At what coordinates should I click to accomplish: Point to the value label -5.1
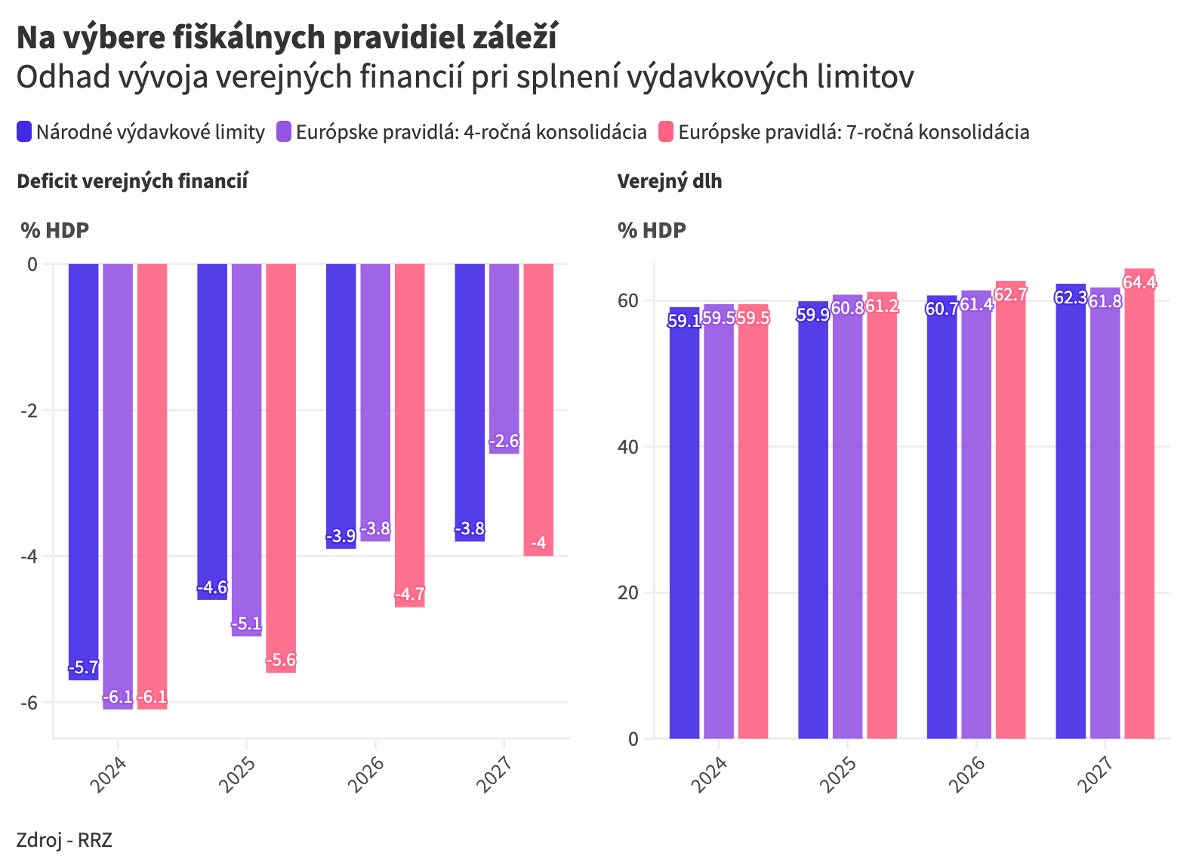pos(246,624)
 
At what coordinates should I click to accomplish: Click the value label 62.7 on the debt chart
pos(1010,294)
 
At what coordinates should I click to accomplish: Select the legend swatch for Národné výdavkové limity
pos(24,132)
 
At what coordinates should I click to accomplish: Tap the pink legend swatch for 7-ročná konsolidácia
pos(665,132)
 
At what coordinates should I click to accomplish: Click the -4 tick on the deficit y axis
pos(31,556)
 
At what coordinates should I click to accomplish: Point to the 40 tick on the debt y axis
pos(627,447)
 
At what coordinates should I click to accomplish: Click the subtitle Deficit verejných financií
pos(132,181)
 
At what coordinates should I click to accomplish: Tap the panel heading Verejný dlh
pos(670,181)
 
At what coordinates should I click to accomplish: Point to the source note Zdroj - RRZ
pos(64,840)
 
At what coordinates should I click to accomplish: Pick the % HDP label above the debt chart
pos(652,230)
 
